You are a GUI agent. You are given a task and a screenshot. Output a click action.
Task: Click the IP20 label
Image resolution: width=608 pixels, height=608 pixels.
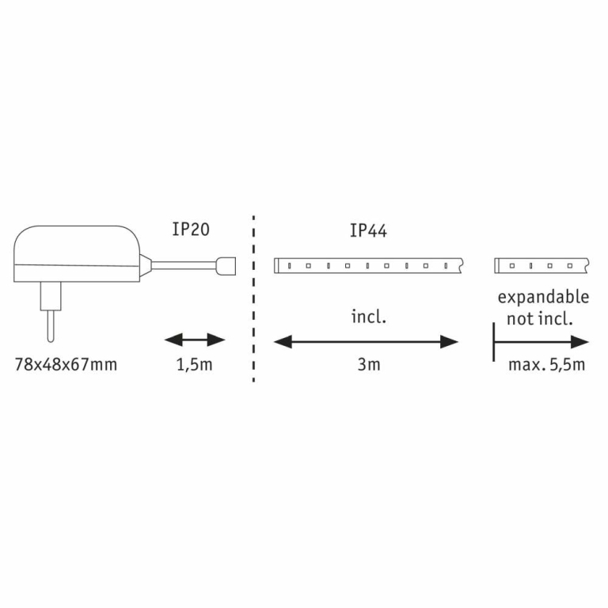191,229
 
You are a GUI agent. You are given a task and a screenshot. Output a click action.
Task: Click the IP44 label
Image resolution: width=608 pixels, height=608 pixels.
368,230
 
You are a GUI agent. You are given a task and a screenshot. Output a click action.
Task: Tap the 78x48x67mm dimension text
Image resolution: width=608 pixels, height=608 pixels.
66,364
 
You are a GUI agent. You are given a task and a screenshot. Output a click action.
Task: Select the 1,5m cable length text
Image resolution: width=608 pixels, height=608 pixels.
194,365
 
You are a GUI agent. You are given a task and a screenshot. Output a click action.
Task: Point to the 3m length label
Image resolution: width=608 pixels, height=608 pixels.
369,364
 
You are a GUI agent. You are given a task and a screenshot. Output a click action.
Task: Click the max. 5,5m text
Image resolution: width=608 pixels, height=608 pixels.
546,365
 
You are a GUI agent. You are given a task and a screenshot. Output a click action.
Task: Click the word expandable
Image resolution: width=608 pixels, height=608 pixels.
543,298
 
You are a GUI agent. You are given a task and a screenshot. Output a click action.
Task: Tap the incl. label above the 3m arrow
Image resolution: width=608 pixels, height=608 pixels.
369,317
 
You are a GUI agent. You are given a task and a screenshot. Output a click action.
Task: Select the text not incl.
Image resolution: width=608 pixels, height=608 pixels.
540,319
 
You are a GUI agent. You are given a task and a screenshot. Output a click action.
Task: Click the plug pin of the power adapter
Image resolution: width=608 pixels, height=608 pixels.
51,325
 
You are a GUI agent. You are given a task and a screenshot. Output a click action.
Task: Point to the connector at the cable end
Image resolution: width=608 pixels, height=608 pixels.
226,266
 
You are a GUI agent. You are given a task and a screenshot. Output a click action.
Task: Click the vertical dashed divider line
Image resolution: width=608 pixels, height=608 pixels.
253,298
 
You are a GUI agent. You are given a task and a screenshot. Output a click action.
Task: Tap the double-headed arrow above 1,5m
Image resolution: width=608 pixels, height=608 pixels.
195,340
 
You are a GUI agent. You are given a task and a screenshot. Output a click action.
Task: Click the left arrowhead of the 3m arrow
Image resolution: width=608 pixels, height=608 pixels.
283,342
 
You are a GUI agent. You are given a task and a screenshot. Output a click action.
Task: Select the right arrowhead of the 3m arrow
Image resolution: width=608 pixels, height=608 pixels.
450,342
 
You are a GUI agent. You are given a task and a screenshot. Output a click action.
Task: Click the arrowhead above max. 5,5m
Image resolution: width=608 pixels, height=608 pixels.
580,342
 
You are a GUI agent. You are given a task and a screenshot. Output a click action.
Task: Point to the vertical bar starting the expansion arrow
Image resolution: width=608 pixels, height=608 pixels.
494,342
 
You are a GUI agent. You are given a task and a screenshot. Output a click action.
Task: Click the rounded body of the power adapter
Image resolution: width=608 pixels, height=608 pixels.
77,253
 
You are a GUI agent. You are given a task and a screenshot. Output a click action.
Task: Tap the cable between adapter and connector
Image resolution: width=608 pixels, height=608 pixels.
184,266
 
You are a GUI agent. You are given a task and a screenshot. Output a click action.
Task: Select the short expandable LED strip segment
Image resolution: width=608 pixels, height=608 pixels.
541,266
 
